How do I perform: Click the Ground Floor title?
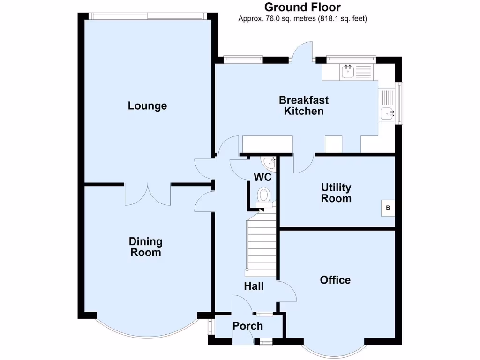[x=302, y=7]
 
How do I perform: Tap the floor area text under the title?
[x=302, y=19]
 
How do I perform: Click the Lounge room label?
[x=147, y=106]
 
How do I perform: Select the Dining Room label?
[x=146, y=247]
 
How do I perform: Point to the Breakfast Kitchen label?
[x=304, y=105]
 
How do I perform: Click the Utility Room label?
[x=336, y=193]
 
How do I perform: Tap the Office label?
[x=335, y=280]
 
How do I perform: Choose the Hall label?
[x=254, y=286]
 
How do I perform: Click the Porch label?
[x=248, y=326]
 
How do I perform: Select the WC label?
[x=262, y=177]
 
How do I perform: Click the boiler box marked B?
[x=388, y=207]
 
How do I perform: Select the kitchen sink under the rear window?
[x=347, y=72]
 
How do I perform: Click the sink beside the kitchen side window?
[x=387, y=112]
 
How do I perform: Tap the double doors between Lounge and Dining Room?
[x=148, y=193]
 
